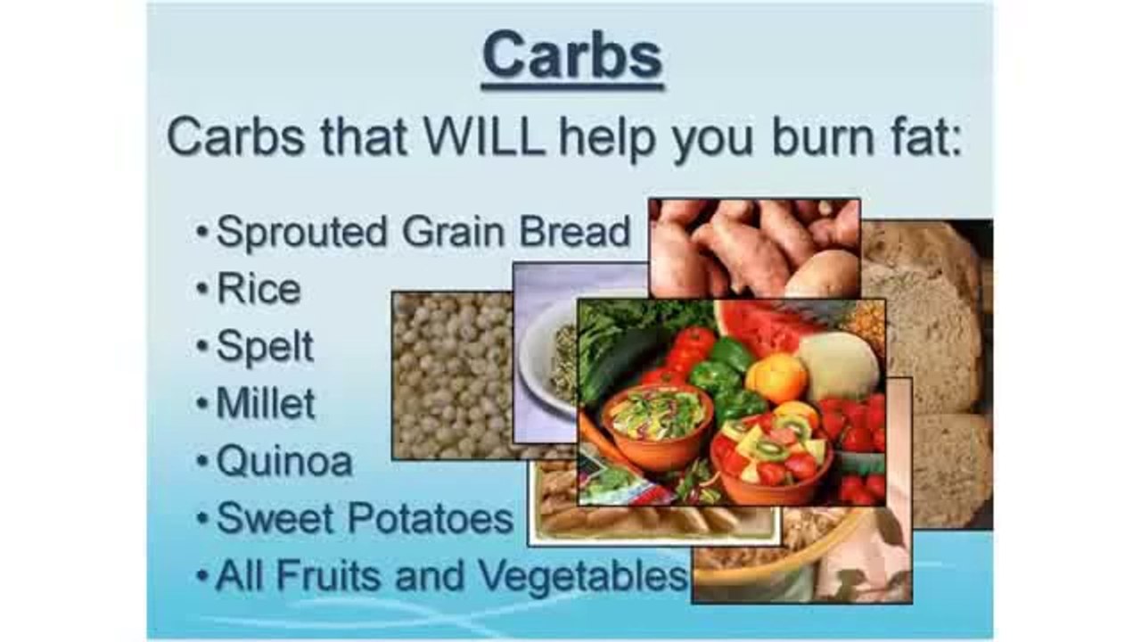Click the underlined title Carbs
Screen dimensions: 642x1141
click(571, 56)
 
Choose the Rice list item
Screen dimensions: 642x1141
click(259, 289)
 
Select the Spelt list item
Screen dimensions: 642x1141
click(265, 346)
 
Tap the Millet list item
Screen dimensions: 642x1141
click(266, 403)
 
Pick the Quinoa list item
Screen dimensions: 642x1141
click(284, 461)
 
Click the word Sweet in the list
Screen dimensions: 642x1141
click(271, 518)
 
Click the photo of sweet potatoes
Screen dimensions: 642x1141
click(753, 245)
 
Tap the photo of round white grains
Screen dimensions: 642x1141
click(450, 374)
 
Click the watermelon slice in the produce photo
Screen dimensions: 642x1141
click(758, 323)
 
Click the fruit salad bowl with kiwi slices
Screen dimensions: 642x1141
click(771, 450)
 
